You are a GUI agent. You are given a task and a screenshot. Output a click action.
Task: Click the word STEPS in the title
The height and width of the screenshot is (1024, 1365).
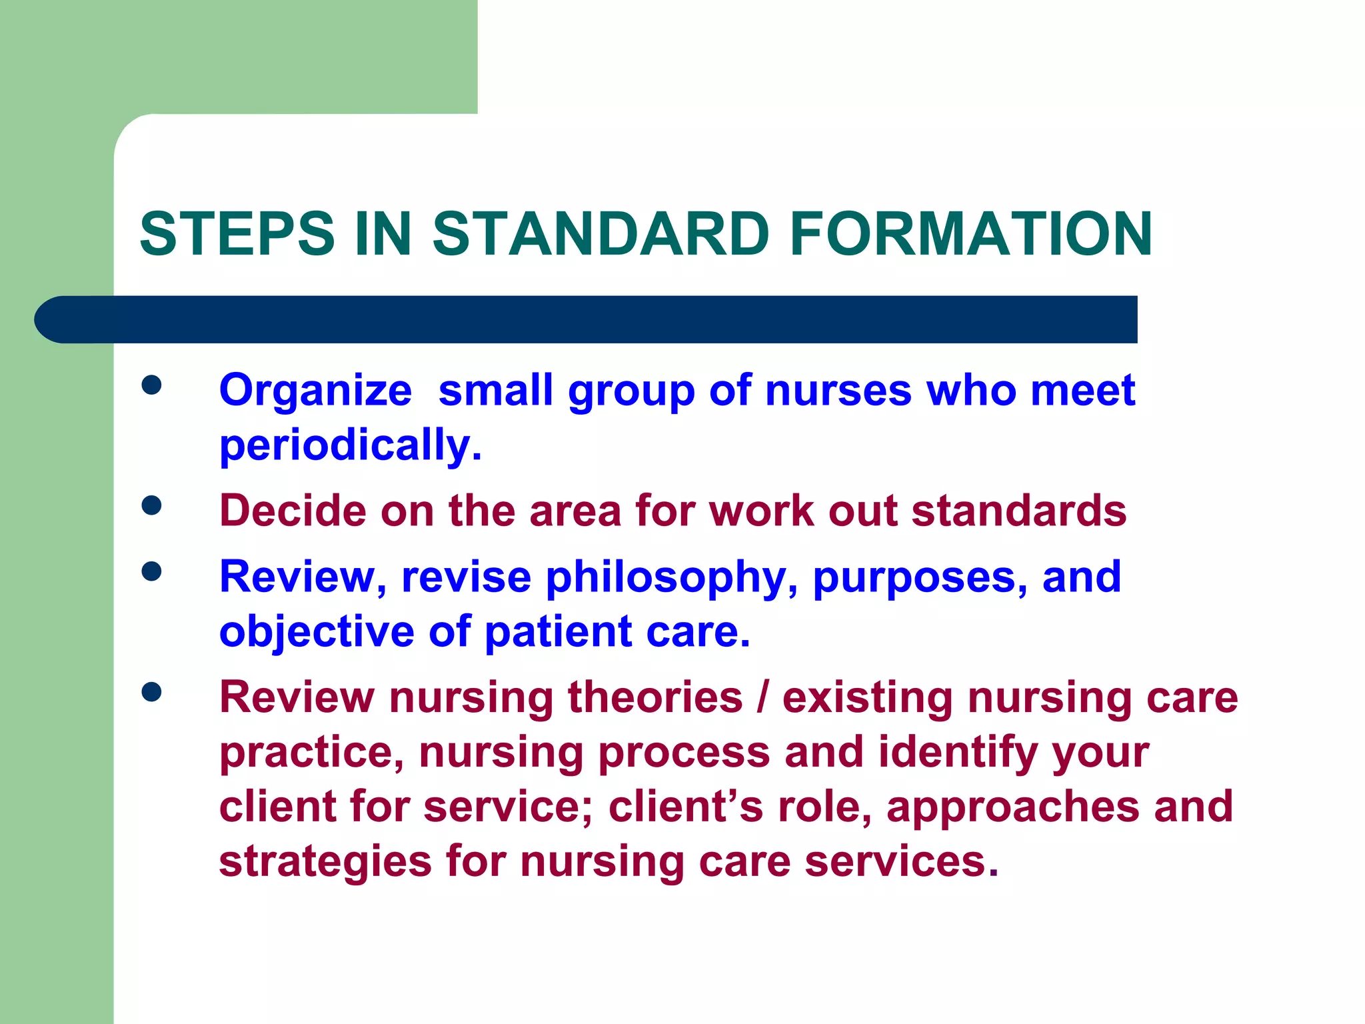(237, 233)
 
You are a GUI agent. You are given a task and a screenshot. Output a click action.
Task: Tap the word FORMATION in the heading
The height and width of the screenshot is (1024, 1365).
(970, 233)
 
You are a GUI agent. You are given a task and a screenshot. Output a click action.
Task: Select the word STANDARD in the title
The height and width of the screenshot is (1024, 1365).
(601, 233)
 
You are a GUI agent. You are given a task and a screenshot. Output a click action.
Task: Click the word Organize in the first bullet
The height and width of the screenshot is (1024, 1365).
(315, 391)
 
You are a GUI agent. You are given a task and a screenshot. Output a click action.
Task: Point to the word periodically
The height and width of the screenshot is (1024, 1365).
(350, 445)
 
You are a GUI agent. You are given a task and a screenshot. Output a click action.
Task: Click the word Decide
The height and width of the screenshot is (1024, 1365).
(293, 511)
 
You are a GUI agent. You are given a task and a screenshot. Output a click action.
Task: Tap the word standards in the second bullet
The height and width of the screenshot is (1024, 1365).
(1018, 511)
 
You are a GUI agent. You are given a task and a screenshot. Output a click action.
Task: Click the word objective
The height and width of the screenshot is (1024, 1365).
(317, 632)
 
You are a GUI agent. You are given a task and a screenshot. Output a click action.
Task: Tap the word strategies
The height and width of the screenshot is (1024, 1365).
(325, 861)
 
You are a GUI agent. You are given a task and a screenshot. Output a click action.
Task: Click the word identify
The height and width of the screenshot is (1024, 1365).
(957, 752)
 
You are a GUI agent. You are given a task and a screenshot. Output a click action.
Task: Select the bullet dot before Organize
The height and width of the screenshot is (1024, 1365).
(152, 385)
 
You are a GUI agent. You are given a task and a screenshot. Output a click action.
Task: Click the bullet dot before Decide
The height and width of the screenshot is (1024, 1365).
(152, 505)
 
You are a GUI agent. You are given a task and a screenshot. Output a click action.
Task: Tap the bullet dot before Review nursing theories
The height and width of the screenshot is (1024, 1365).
(152, 692)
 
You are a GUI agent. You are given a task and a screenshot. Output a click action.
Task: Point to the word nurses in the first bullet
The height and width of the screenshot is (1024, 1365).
(838, 391)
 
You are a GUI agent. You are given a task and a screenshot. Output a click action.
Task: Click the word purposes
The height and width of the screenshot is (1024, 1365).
(920, 577)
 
